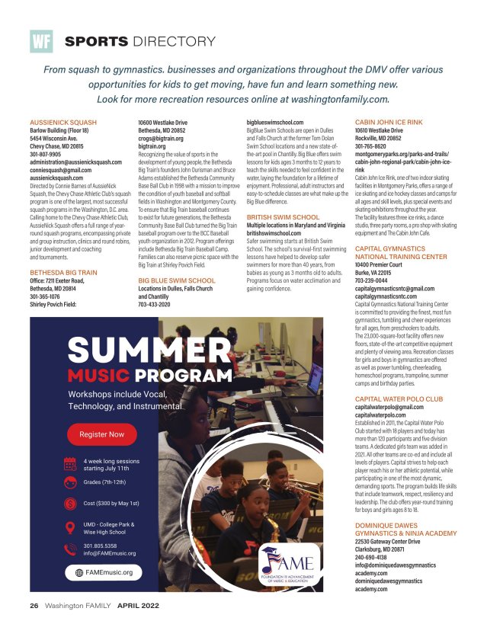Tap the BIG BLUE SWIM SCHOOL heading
tap(177, 280)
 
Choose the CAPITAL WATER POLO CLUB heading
tap(399, 399)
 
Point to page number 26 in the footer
tap(34, 607)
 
